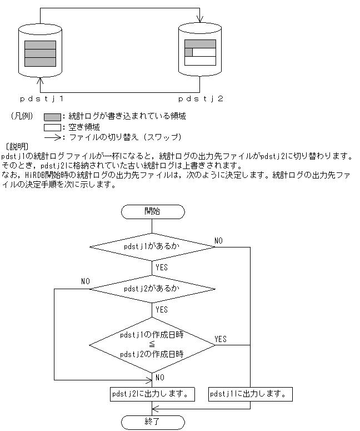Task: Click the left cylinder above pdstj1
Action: [x=40, y=50]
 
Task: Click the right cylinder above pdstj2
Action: [x=199, y=50]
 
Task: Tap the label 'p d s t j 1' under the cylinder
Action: [x=40, y=99]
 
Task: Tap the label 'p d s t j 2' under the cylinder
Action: [x=201, y=99]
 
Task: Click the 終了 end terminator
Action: [x=152, y=421]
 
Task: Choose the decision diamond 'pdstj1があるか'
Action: [x=152, y=246]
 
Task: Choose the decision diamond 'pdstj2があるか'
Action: [x=152, y=289]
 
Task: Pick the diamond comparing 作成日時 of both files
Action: [x=152, y=345]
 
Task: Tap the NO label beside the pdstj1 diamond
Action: [x=219, y=240]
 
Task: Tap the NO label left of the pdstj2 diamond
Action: [x=85, y=281]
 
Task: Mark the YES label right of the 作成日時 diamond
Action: [x=221, y=339]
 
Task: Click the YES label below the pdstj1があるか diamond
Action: [x=162, y=267]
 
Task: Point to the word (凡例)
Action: [x=22, y=117]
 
